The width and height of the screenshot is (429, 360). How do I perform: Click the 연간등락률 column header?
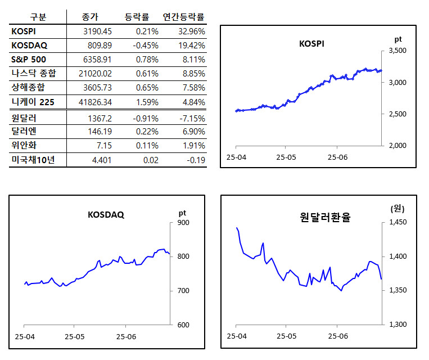[x=183, y=17]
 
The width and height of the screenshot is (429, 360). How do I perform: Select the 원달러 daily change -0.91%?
[x=146, y=118]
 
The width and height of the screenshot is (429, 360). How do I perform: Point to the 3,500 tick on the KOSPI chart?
[x=398, y=51]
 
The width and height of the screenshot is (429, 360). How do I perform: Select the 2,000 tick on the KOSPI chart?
[x=398, y=146]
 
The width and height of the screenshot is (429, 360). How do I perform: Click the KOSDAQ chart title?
[x=106, y=214]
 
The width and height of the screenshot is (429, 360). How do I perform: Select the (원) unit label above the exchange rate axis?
[x=398, y=208]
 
